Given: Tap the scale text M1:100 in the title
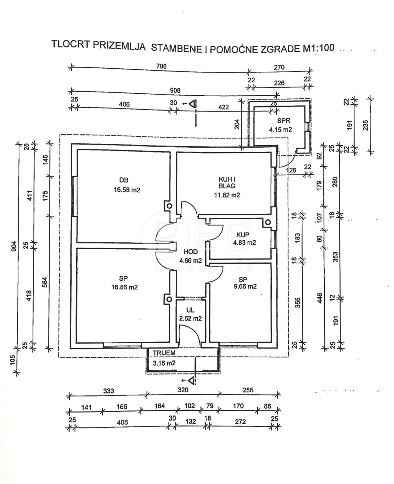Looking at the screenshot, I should (x=317, y=48).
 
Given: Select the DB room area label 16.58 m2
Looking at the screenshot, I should (x=127, y=190).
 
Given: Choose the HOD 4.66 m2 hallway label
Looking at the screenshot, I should (x=190, y=256).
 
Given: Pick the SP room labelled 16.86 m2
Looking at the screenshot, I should (x=124, y=283).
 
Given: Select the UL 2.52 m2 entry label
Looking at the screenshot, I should (x=190, y=314).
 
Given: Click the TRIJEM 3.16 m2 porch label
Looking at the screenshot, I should (x=164, y=358).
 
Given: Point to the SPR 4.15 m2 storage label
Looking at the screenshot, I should (x=280, y=125).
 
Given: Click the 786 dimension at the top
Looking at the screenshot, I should (x=161, y=66).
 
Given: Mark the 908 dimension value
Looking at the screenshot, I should (x=175, y=90).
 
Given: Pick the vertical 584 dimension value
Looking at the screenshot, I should (x=45, y=282).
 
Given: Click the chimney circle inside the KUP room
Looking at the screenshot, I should (x=268, y=222).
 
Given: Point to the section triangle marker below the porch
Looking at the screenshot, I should (x=191, y=381).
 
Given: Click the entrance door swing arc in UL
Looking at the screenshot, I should (x=192, y=332).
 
